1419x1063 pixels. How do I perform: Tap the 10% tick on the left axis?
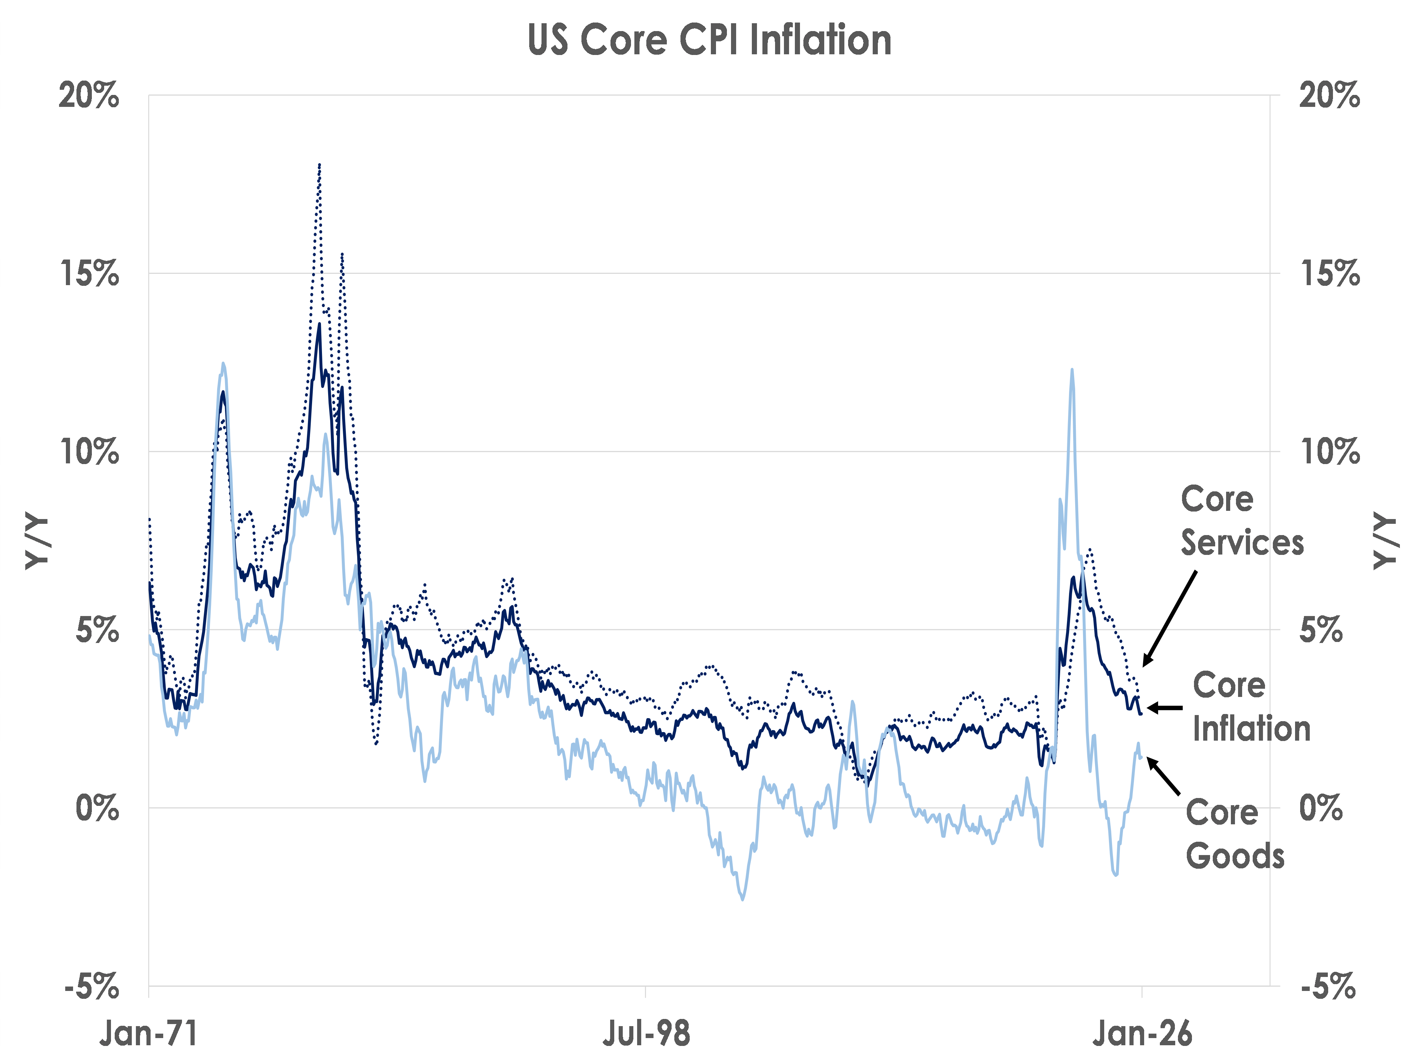tap(89, 452)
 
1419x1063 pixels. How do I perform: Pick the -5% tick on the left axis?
tap(92, 986)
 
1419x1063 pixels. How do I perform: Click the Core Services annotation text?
tap(1242, 521)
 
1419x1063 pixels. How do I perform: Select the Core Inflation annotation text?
tap(1251, 707)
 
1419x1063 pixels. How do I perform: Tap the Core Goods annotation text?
tap(1235, 834)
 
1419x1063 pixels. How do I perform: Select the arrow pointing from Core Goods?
tap(1164, 776)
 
